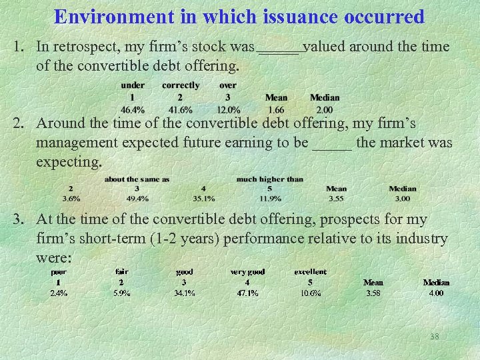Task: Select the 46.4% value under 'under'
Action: pos(133,110)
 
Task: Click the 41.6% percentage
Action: pos(181,110)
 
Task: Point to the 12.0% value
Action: pos(228,110)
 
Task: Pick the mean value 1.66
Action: pos(276,110)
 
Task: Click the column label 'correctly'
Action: pos(181,85)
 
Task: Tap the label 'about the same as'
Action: pos(137,179)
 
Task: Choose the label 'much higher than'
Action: pos(269,179)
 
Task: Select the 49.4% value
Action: pos(137,198)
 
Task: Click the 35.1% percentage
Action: pos(203,198)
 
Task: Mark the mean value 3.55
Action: pos(336,198)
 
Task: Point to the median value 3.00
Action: pos(403,198)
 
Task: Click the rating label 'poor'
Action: pos(59,272)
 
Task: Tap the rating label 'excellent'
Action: pos(311,272)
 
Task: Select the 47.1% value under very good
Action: pos(247,293)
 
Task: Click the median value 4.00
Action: pos(436,293)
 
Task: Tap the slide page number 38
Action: pos(435,337)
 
